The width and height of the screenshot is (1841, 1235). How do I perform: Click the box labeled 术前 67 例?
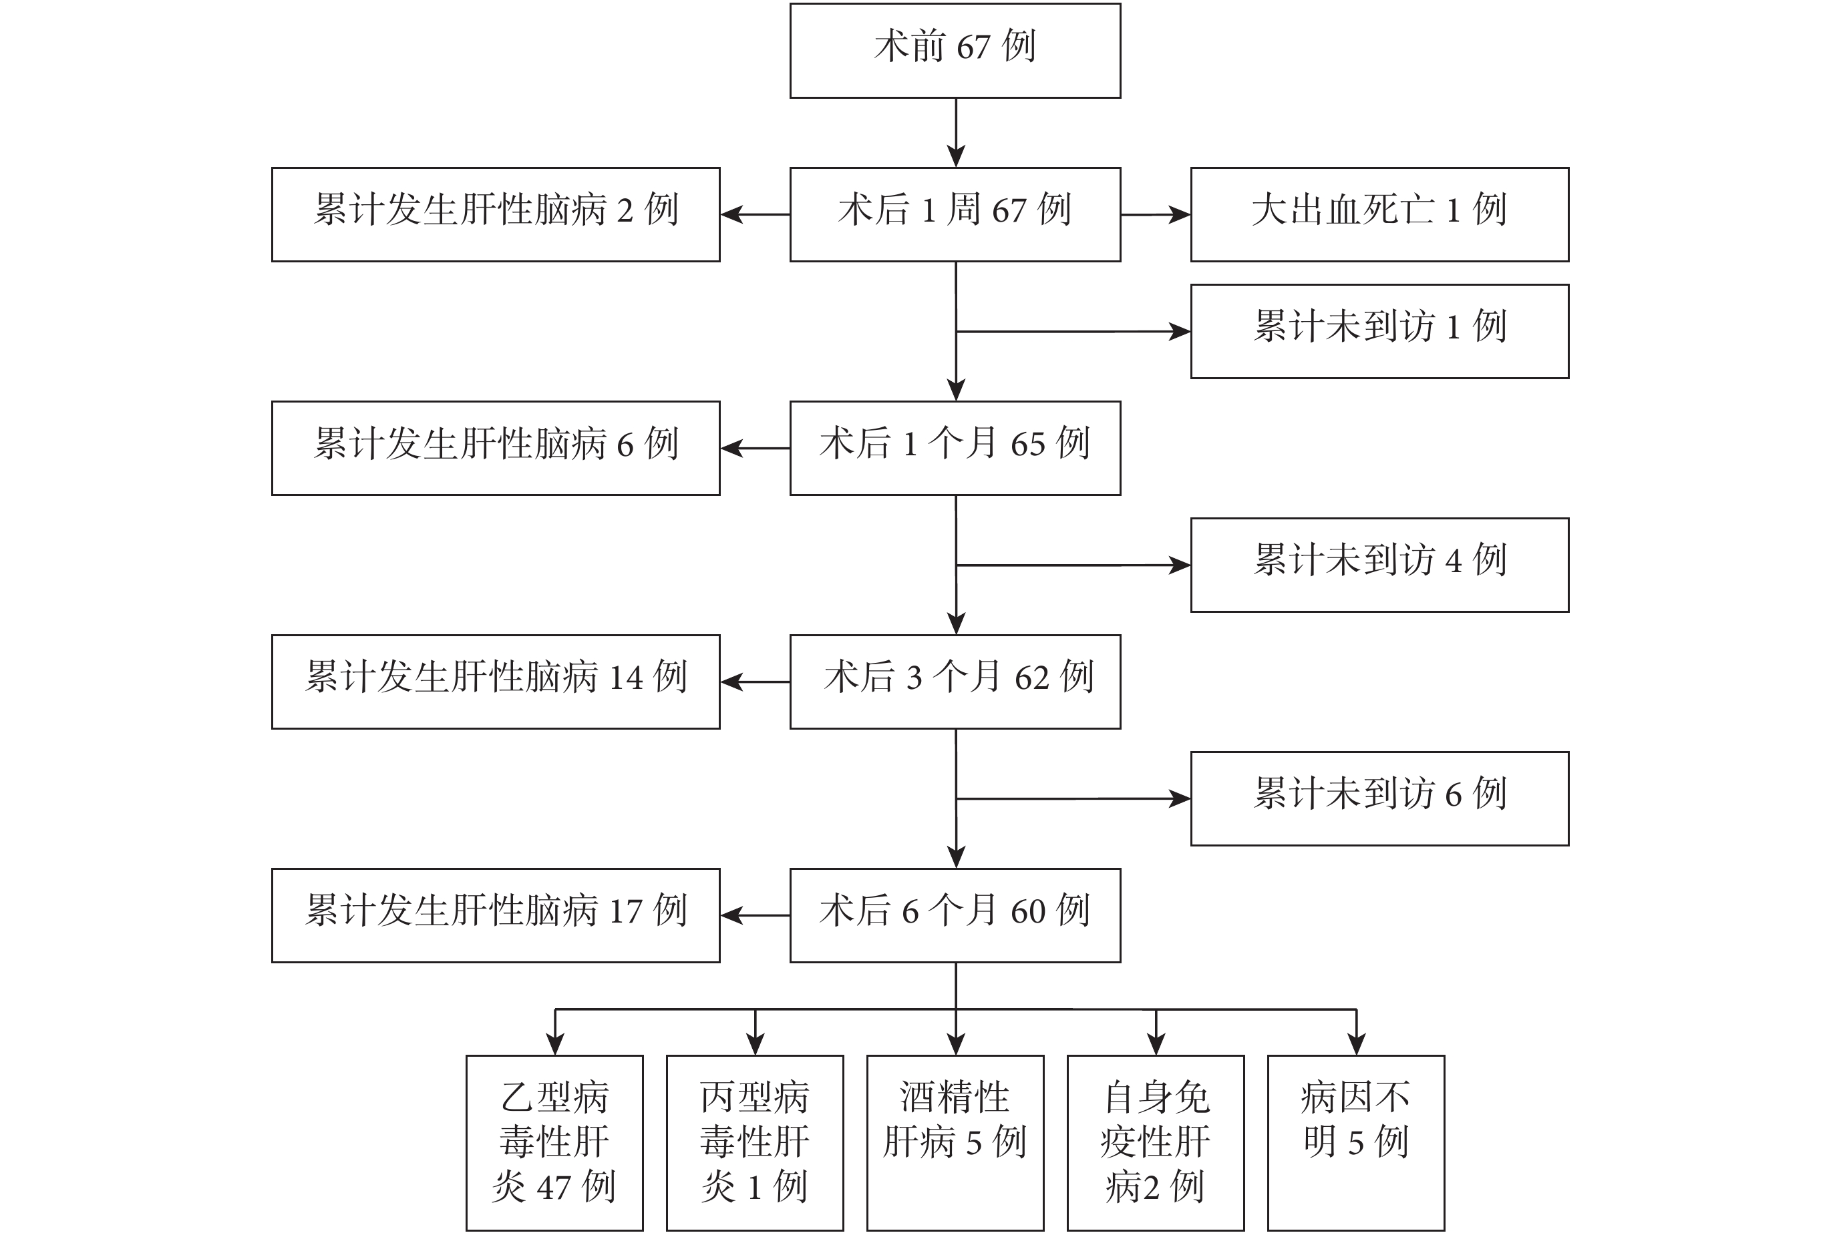(x=955, y=51)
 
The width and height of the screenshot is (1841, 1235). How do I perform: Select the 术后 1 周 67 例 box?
(x=955, y=214)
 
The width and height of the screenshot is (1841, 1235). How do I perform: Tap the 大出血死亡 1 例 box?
(x=1379, y=214)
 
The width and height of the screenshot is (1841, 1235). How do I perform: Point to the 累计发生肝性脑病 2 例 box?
(x=496, y=214)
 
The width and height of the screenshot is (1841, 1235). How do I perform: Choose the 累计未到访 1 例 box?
(x=1379, y=331)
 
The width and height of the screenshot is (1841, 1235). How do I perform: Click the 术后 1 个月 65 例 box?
(x=955, y=448)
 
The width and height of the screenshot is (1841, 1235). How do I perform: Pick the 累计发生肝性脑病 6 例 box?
(x=496, y=448)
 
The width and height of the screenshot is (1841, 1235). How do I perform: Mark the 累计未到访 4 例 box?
(x=1379, y=565)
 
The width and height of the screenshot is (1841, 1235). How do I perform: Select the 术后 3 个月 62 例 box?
(x=955, y=682)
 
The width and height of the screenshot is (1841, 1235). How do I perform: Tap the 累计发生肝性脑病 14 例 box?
(x=496, y=682)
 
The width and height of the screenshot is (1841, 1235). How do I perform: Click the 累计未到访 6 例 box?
(x=1379, y=798)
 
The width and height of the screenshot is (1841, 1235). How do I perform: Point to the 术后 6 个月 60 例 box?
(x=955, y=915)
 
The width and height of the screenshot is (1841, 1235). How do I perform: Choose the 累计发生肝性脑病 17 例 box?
(x=496, y=915)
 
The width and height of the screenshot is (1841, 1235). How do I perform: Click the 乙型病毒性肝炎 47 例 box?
(x=555, y=1143)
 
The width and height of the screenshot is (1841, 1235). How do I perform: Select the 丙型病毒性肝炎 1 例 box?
(x=755, y=1143)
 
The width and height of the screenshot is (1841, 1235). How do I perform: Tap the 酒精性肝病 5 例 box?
(x=955, y=1143)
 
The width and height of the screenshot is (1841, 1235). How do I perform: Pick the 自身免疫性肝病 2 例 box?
(x=1156, y=1143)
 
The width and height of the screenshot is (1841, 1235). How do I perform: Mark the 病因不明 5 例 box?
(x=1355, y=1143)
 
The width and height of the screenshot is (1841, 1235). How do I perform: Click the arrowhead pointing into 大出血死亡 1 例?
(x=1180, y=214)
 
